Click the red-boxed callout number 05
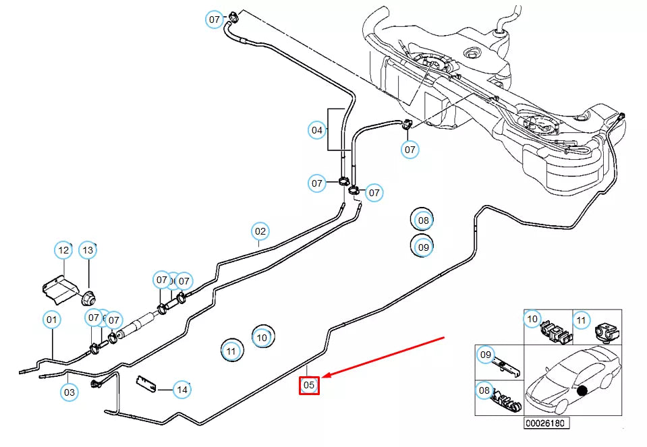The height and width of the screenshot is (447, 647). coord(309,385)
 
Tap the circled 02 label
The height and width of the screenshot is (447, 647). coord(260,231)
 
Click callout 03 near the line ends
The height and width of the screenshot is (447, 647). coord(69,392)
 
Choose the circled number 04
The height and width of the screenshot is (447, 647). coord(317,129)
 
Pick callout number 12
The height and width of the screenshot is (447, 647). coord(63,251)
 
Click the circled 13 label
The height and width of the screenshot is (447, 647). coord(88,251)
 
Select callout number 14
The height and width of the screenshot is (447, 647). coord(181,389)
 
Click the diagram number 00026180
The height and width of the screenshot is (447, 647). coord(547,423)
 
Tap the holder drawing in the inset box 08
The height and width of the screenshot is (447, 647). coord(507,401)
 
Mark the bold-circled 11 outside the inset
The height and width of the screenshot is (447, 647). coord(231,351)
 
